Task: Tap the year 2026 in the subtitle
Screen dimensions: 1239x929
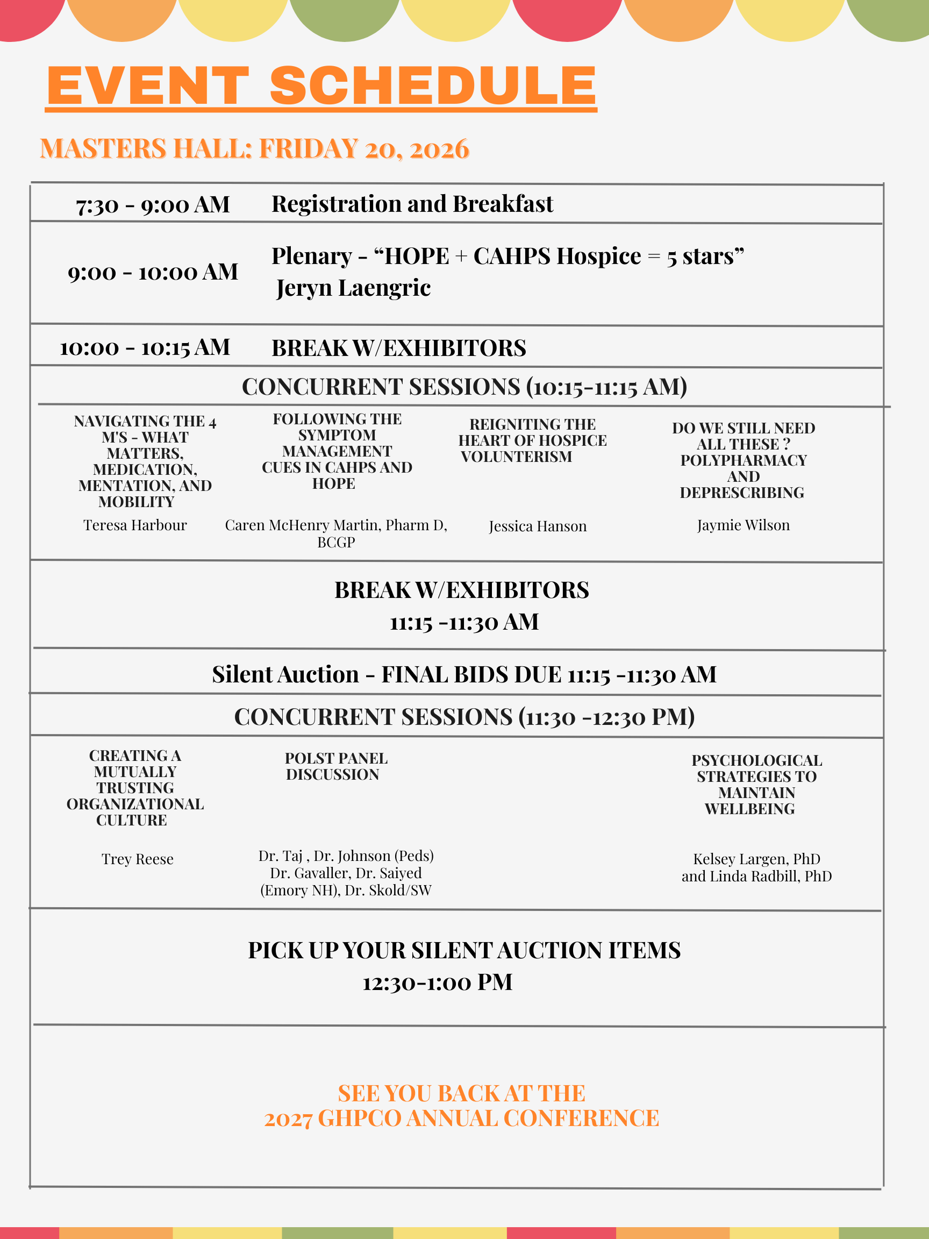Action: [x=439, y=149]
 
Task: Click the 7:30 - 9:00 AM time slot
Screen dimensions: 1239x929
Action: [x=153, y=205]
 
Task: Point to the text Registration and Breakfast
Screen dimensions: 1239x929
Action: [x=412, y=204]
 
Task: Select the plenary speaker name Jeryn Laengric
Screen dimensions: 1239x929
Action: [x=353, y=288]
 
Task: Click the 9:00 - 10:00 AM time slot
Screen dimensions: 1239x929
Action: [x=153, y=272]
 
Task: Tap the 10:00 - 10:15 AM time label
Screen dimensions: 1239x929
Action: [x=145, y=348]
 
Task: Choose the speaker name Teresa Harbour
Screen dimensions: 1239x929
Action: [x=135, y=525]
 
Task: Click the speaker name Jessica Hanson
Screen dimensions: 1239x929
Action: [x=538, y=526]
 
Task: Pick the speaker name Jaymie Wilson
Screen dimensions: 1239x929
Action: [x=743, y=525]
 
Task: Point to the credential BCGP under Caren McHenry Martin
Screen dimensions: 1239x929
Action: [x=336, y=542]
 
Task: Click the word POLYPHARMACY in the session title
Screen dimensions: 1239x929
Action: [x=744, y=460]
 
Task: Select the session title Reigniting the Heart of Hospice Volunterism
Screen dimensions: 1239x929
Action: [x=532, y=440]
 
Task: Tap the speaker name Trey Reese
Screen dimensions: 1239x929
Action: [x=137, y=859]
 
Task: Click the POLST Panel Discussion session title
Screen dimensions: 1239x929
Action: [x=336, y=766]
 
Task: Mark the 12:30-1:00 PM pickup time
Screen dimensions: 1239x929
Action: [x=437, y=982]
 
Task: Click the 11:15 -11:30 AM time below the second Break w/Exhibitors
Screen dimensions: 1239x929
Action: [x=464, y=622]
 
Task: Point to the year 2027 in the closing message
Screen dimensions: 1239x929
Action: [x=288, y=1119]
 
